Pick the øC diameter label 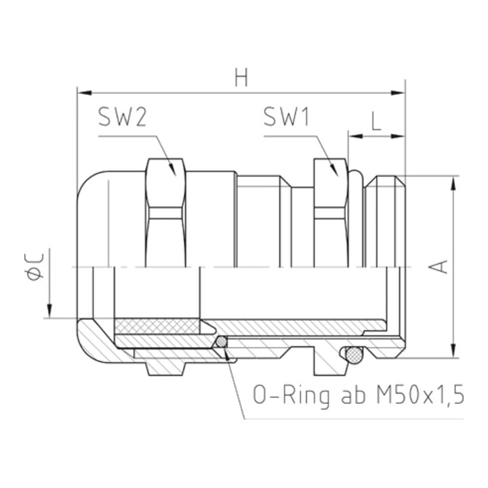pos(34,266)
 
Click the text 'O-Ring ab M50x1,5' pos(359,396)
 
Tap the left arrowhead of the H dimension pos(84,93)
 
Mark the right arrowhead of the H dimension pos(398,93)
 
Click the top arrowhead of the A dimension pos(453,183)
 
